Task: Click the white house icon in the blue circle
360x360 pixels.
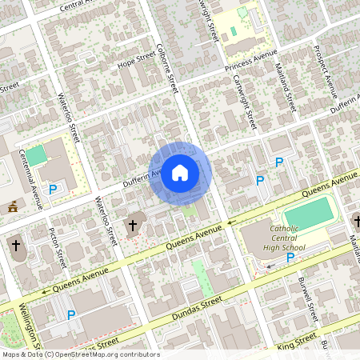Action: click(180, 172)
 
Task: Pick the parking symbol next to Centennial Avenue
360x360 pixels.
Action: click(53, 190)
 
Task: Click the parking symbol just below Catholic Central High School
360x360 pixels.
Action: click(290, 258)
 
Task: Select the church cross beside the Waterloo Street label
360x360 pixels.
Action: click(133, 226)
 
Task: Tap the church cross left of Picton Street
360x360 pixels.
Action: click(15, 244)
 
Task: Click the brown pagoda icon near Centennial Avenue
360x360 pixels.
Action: click(12, 208)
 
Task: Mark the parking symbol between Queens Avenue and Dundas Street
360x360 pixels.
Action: click(70, 315)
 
